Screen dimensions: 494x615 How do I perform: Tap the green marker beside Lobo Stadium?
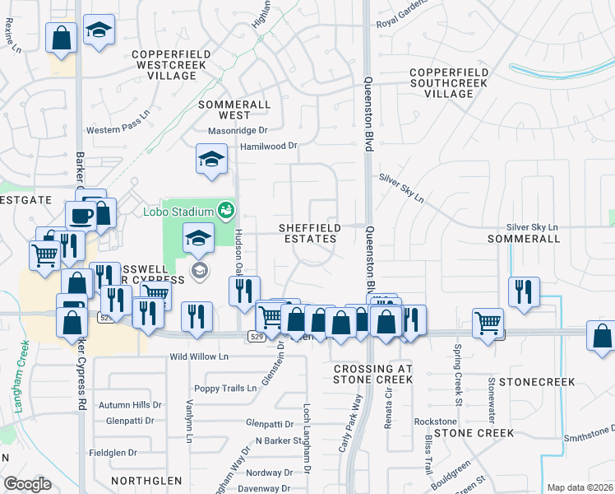[x=223, y=212]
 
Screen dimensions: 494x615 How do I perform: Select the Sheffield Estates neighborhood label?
[x=307, y=233]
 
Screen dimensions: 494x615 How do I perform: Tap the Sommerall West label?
[x=234, y=110]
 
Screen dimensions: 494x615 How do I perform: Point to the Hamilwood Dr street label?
[x=267, y=146]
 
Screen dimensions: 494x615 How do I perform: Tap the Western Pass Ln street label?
[x=120, y=130]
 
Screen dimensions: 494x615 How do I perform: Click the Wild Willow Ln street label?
[x=198, y=357]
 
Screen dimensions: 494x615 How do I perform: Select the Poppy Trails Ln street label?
[x=225, y=389]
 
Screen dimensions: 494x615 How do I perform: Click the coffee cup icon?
[x=81, y=216]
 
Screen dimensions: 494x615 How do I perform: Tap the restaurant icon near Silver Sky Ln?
[x=523, y=291]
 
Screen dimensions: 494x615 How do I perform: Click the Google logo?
[x=27, y=484]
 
